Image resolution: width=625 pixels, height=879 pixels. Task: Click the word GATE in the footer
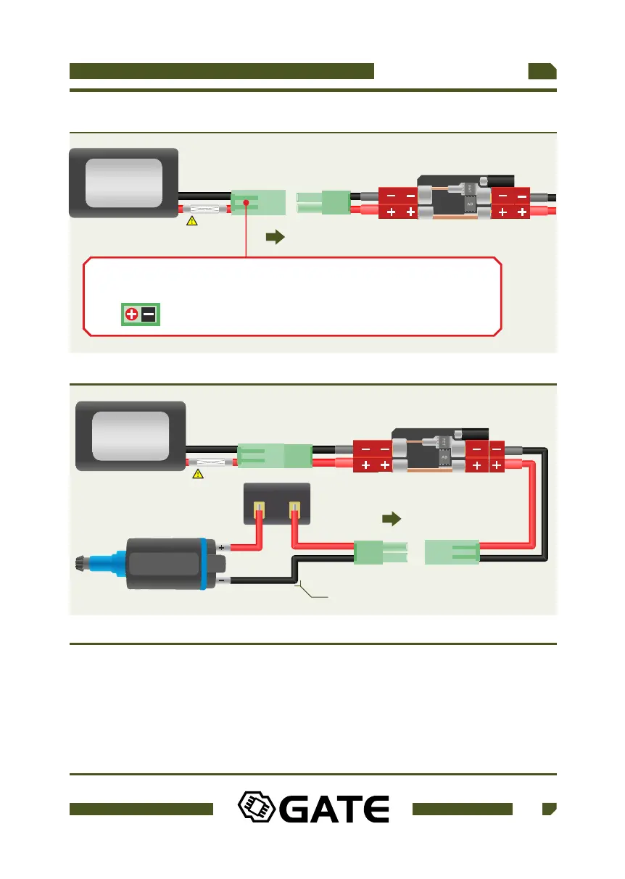click(x=334, y=810)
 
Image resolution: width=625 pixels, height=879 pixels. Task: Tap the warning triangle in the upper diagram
click(x=191, y=221)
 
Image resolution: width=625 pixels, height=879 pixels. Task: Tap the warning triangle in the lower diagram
click(x=197, y=474)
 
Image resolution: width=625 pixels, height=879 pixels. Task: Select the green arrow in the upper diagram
click(x=275, y=237)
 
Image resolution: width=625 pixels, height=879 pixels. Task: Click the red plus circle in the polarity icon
click(x=132, y=314)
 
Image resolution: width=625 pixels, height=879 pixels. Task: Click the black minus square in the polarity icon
click(x=149, y=314)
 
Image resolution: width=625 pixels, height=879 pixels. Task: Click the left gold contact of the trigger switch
click(x=257, y=512)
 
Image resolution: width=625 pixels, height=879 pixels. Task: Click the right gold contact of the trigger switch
click(x=294, y=512)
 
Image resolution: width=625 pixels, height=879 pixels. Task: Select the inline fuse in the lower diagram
click(x=215, y=462)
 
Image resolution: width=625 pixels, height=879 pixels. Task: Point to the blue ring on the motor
click(x=206, y=565)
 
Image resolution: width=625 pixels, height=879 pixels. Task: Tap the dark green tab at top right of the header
click(x=542, y=71)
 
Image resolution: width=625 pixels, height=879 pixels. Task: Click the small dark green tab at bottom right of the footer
click(x=549, y=809)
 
